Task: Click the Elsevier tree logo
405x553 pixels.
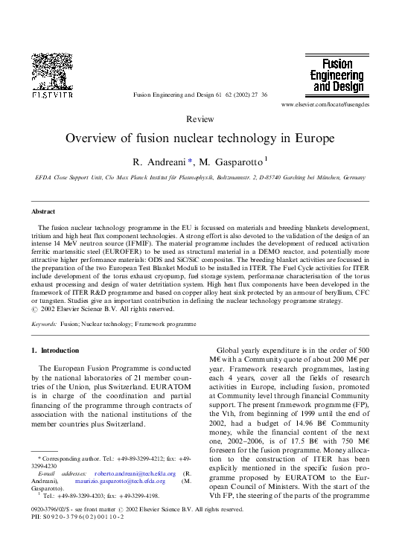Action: tap(51, 72)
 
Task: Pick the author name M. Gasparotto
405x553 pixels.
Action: tap(230, 162)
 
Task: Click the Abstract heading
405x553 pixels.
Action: tap(42, 211)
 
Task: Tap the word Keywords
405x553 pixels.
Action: tap(44, 325)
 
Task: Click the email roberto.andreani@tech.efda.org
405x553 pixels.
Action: tap(135, 473)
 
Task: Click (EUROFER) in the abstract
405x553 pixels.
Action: tap(130, 253)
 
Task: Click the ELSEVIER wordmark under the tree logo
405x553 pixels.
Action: tap(51, 95)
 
